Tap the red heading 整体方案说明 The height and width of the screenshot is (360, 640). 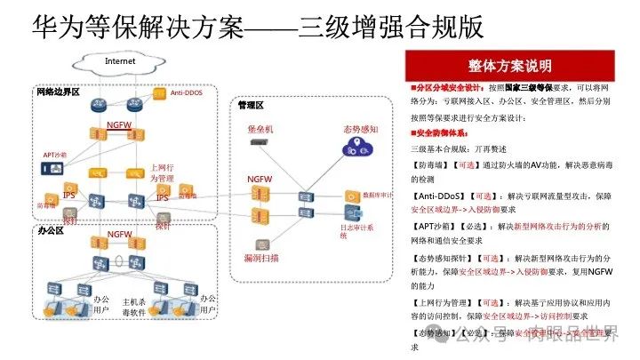509,66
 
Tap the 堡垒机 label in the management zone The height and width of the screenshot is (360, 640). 260,130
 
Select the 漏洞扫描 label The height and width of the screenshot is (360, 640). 260,258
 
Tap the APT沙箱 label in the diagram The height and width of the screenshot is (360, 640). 55,155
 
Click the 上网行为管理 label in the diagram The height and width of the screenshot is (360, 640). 161,172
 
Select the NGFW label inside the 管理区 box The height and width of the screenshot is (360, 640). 259,180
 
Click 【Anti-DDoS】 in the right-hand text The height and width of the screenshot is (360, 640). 441,196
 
